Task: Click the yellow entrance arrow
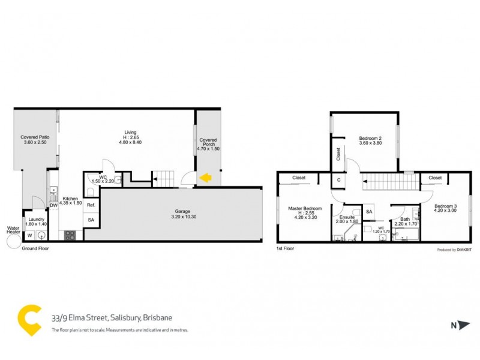pos(205,178)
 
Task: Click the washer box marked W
pos(29,235)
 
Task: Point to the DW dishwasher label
pos(53,205)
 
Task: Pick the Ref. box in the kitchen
pos(91,205)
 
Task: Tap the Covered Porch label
pos(208,143)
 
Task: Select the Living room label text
pos(130,135)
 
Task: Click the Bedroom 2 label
pos(370,141)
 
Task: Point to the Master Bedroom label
pos(305,211)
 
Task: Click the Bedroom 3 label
pos(445,209)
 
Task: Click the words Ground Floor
pos(34,248)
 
